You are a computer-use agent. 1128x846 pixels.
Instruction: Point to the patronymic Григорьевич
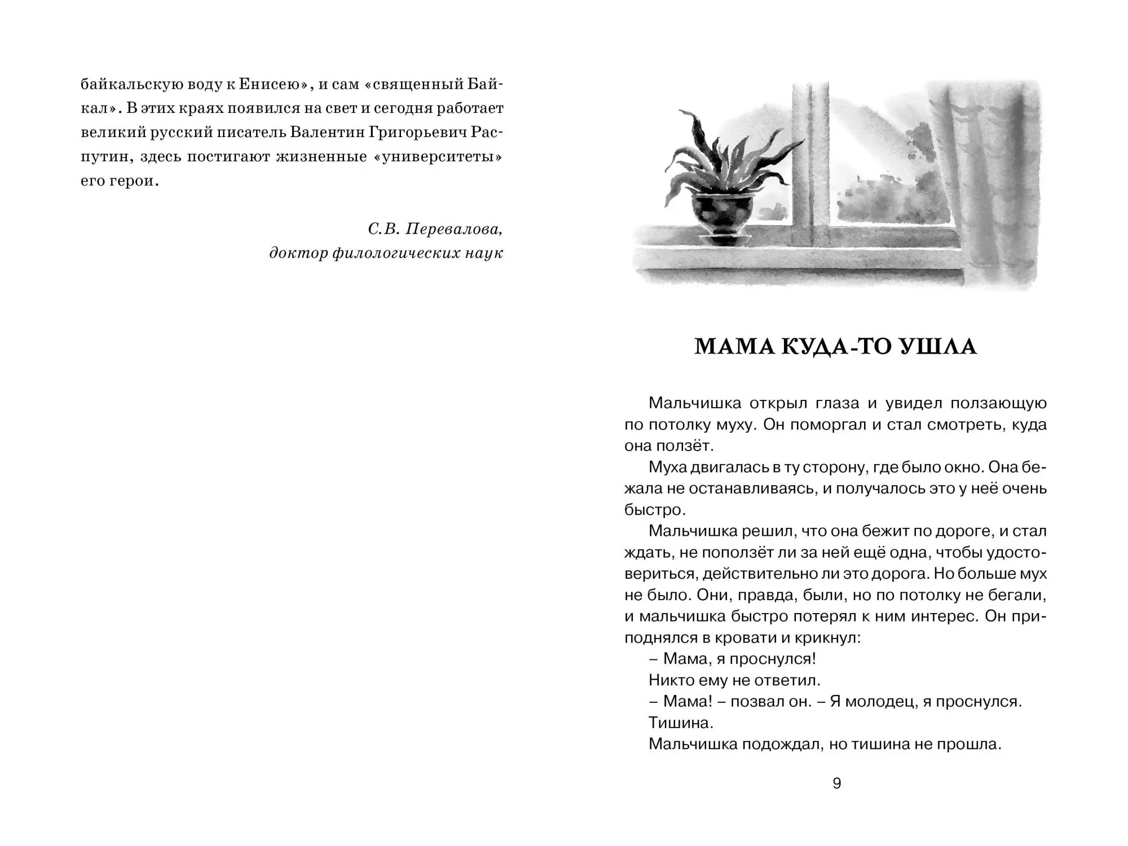(421, 133)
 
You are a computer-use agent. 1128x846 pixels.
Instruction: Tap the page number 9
(837, 783)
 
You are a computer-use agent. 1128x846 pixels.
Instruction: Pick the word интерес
(944, 616)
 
